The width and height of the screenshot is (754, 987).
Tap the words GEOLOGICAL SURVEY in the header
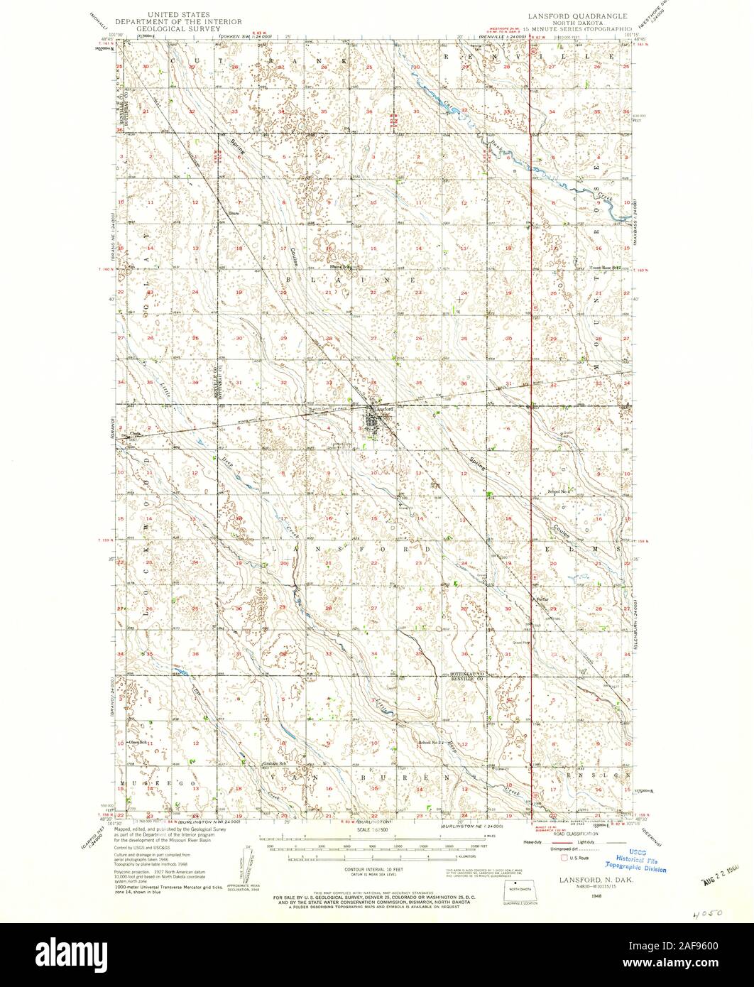[187, 29]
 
